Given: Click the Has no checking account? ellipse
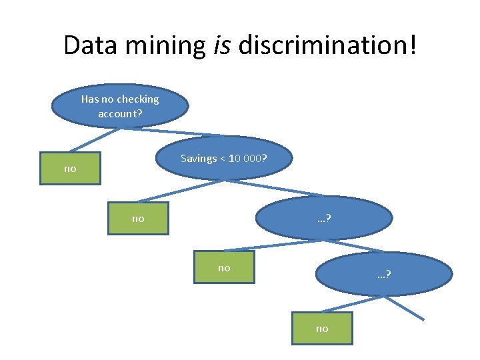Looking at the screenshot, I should [x=120, y=105].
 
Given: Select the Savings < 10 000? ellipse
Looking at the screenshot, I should [x=224, y=159].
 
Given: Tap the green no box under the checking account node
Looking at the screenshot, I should [x=69, y=169].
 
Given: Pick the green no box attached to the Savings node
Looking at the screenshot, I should [x=138, y=218].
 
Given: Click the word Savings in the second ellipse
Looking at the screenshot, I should [x=199, y=159].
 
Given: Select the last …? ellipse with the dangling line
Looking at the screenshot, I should [x=384, y=274].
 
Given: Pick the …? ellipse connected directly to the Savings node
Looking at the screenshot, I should [x=325, y=218].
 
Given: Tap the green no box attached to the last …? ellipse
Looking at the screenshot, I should [x=322, y=328].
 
